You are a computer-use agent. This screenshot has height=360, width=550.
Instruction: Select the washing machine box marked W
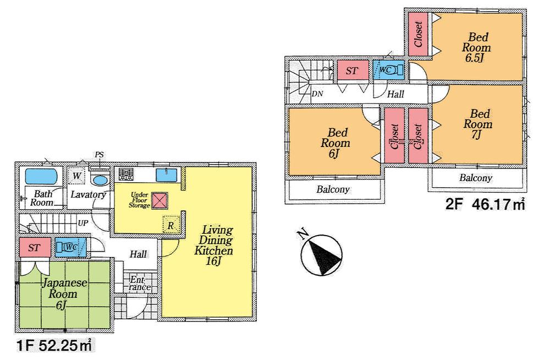point(77,176)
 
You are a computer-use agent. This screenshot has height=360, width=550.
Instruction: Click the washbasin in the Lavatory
point(100,180)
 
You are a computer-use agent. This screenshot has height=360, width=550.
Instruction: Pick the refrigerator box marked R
point(171,225)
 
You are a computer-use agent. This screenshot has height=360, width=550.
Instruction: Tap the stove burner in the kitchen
point(127,175)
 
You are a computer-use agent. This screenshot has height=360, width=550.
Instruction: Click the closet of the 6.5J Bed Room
point(418,33)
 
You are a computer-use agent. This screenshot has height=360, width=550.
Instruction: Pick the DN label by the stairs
point(317,94)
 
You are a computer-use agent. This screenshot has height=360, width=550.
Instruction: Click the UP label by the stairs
point(83,223)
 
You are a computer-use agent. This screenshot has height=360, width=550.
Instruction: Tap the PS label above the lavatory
point(99,155)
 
